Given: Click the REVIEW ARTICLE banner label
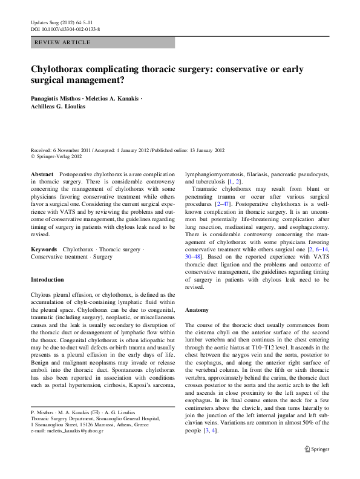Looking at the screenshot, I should pyautogui.click(x=63, y=42).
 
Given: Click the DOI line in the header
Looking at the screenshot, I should pyautogui.click(x=65, y=28).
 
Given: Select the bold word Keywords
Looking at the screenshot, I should pyautogui.click(x=44, y=249).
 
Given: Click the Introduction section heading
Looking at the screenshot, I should pyautogui.click(x=47, y=280).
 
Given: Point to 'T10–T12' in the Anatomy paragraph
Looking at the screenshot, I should pyautogui.click(x=276, y=348).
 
